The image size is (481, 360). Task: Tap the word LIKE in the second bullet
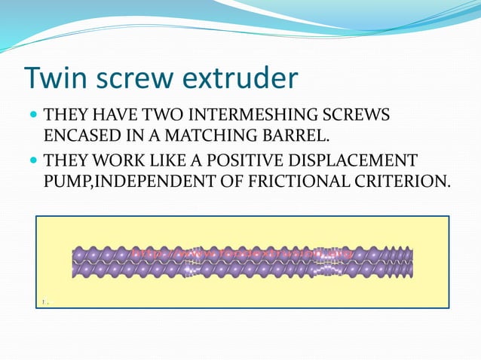point(167,161)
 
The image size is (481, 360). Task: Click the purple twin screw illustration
point(242,262)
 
